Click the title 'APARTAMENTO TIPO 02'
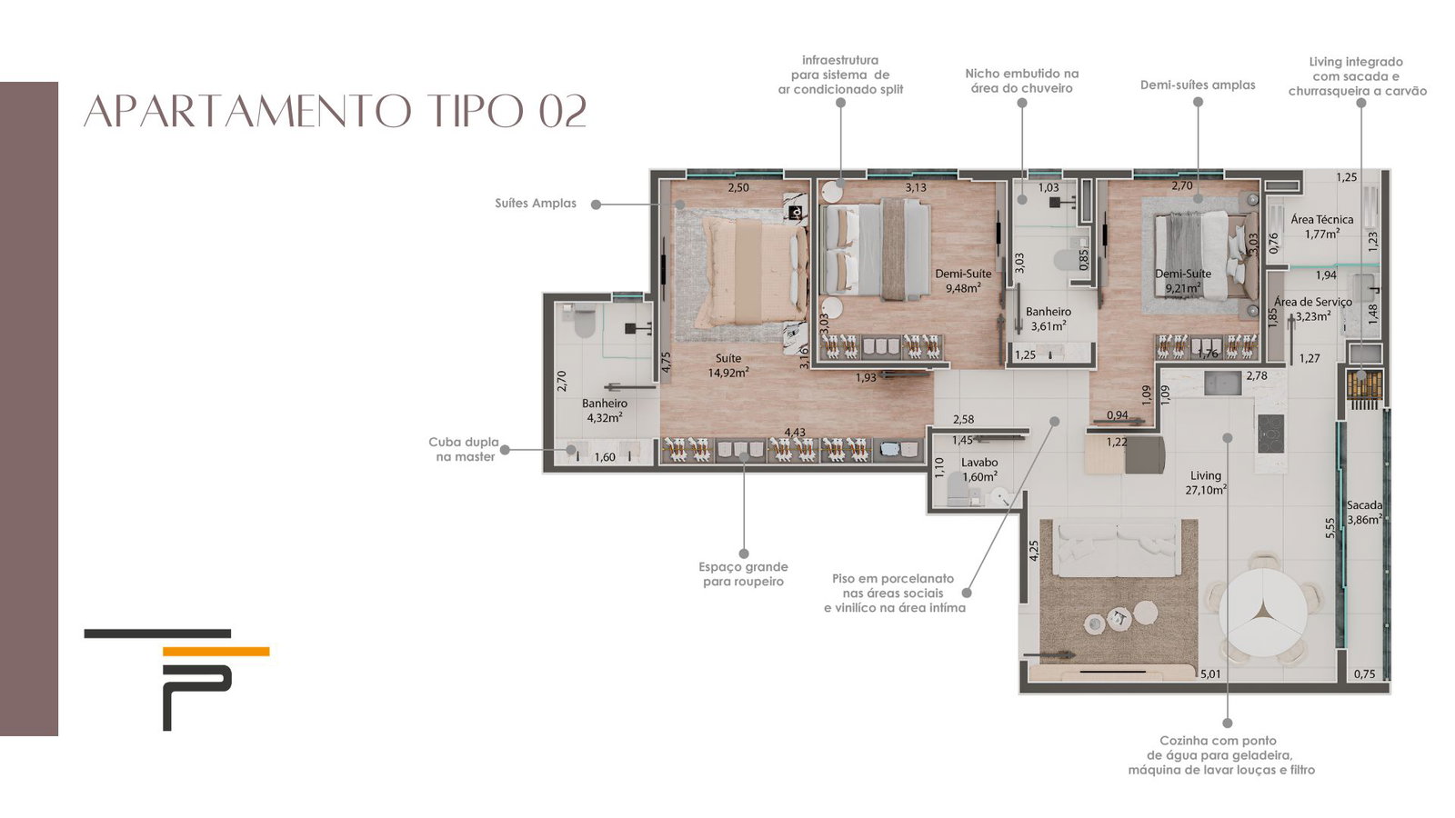coord(336,111)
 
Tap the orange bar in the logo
coord(216,651)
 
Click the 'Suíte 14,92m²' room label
coord(728,364)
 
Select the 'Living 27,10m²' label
coord(1206,483)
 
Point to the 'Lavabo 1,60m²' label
coord(979,469)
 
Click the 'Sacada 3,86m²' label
coord(1364,513)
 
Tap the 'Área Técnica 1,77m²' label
coord(1322,226)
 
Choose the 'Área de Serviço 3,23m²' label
coord(1313,309)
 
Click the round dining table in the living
coord(1263,613)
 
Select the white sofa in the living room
coord(1118,548)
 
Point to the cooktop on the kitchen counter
coord(1270,433)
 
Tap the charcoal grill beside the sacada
coord(1364,385)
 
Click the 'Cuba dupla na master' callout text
coord(464,449)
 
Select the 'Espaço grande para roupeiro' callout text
coord(744,574)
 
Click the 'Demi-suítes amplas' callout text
coord(1198,85)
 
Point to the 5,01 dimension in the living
coord(1210,673)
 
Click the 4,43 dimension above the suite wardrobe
coord(795,433)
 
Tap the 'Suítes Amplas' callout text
coord(536,204)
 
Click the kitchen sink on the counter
coord(1222,383)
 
